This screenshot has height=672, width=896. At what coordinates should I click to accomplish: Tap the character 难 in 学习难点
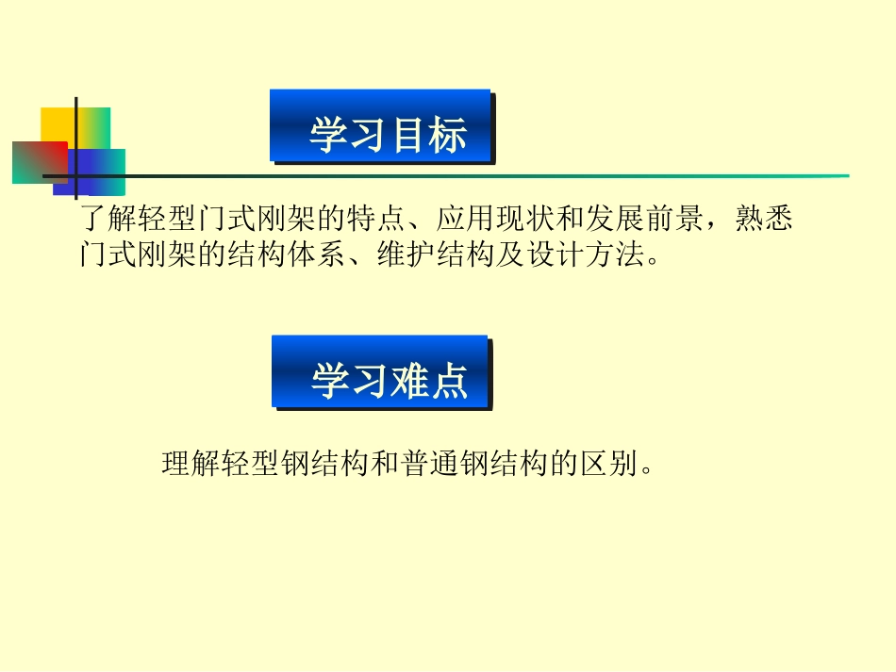coord(408,382)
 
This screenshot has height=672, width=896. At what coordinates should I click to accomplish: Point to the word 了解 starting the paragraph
coord(109,221)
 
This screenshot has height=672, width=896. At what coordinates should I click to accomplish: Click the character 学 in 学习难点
coord(331,382)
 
